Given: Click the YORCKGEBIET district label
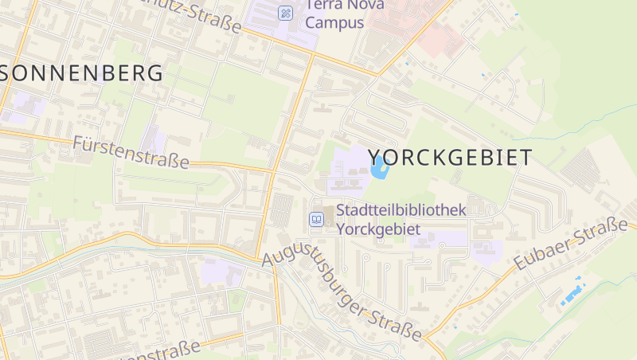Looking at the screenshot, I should click(450, 158).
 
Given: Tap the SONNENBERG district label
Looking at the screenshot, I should click(82, 73).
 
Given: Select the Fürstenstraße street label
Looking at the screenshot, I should click(131, 151).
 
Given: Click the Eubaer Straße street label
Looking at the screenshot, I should click(570, 245).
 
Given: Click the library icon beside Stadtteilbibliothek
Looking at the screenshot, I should click(317, 219).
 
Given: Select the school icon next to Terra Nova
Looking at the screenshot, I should click(286, 13).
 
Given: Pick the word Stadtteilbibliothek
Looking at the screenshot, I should click(401, 210).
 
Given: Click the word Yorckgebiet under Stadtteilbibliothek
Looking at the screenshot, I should click(378, 228).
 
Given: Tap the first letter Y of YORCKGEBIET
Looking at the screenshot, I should click(376, 158).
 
